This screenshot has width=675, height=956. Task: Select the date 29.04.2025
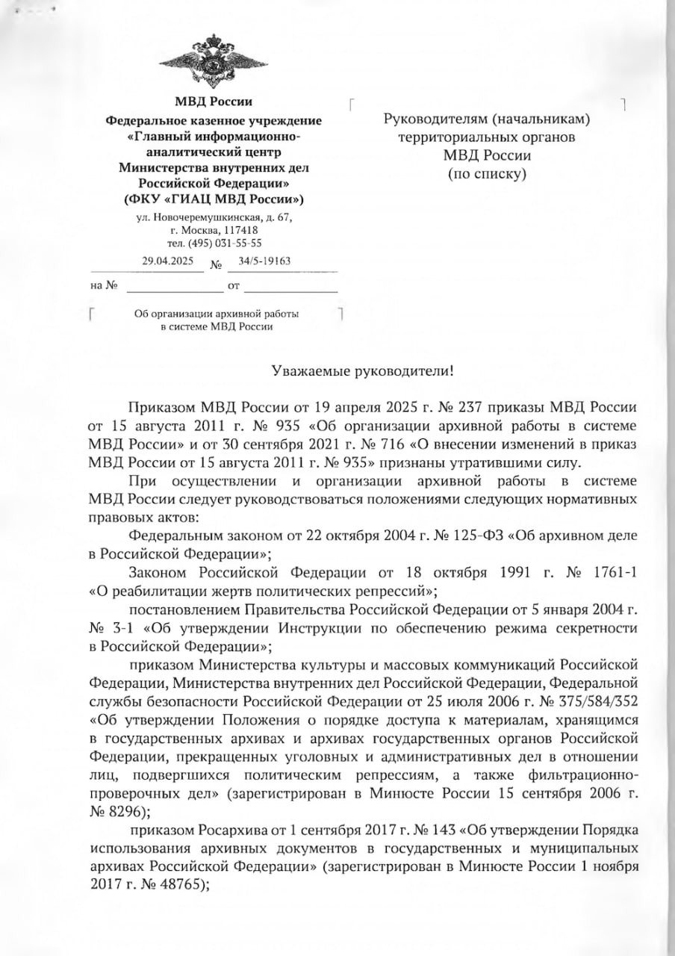[x=167, y=261]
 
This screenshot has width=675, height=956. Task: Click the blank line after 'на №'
[x=174, y=286]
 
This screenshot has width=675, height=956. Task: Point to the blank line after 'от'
[x=291, y=286]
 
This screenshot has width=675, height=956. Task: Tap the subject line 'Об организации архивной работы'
[x=215, y=314]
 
